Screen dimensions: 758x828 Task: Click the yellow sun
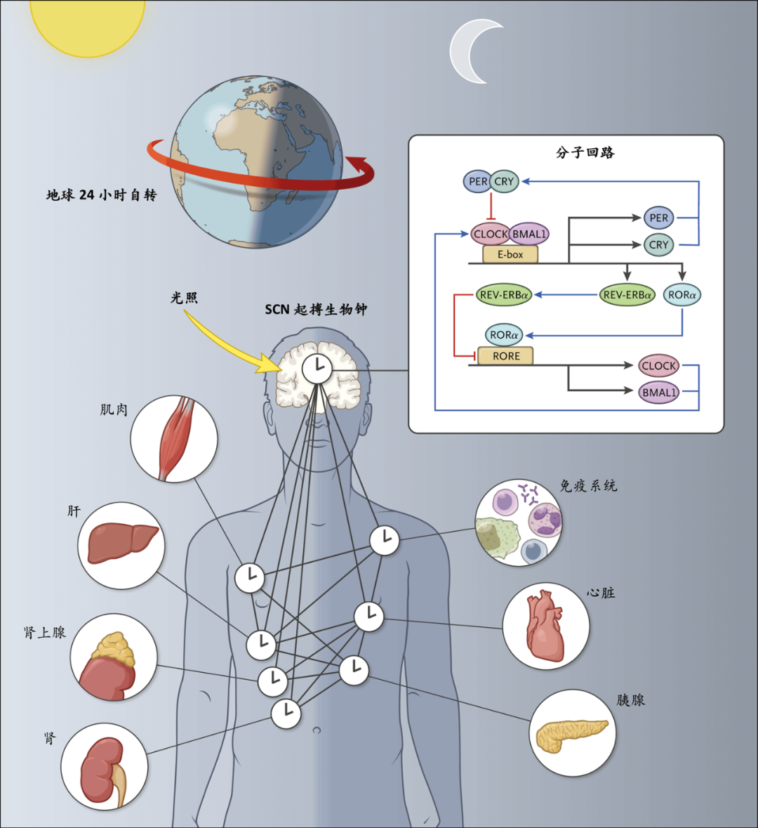87,24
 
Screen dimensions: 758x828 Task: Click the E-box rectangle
510,254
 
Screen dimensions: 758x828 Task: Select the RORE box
505,356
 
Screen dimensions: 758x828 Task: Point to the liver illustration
122,544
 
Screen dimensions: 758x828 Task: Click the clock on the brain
317,367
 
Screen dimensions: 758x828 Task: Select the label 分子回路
585,152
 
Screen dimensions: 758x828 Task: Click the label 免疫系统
588,485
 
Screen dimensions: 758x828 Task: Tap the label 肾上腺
45,632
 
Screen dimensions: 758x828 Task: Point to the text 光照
184,298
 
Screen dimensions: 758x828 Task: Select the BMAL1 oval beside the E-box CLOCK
529,234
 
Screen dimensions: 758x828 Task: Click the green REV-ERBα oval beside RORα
627,295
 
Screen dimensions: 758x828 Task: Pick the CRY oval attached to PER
504,182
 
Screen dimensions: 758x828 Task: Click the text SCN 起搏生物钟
316,310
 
